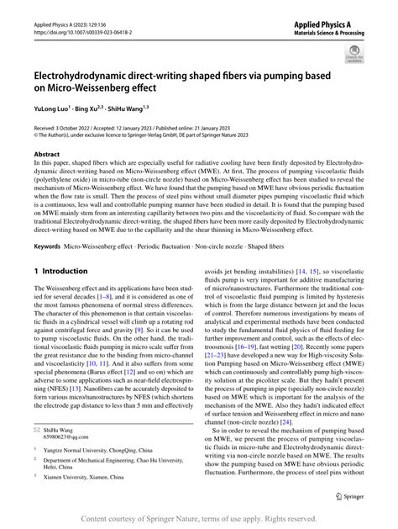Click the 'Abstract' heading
pyautogui.click(x=46, y=156)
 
